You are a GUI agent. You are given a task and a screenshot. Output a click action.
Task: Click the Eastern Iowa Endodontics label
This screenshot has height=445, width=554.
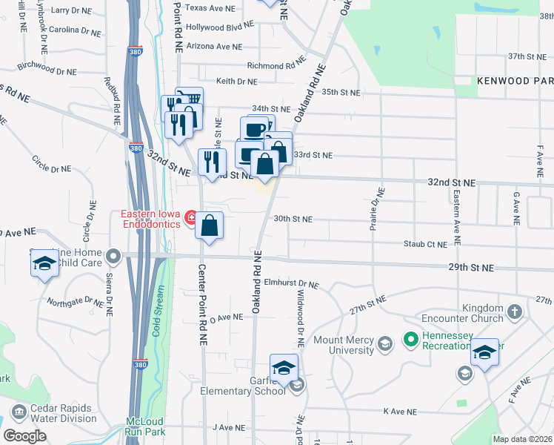(x=152, y=220)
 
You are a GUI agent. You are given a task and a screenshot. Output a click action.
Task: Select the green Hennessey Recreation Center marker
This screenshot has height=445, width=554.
(x=410, y=340)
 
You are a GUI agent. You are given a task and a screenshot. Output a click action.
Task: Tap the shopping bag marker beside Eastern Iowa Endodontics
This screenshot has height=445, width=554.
(x=210, y=225)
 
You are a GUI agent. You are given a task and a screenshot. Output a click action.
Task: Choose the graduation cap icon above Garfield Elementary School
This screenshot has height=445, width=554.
(x=283, y=368)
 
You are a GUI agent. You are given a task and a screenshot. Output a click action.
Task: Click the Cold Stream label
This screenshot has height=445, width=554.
(x=156, y=316)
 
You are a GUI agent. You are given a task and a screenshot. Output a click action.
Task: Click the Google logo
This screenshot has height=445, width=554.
(x=24, y=435)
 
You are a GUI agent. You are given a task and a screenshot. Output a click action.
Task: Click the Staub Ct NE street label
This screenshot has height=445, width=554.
(x=425, y=243)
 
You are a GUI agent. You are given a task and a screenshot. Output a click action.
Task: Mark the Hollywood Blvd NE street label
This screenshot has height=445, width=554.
(x=219, y=27)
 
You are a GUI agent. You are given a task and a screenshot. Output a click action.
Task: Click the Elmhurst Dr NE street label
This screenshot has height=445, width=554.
(x=290, y=284)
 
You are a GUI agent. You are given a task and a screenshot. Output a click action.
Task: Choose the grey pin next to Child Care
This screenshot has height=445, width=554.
(x=113, y=257)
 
